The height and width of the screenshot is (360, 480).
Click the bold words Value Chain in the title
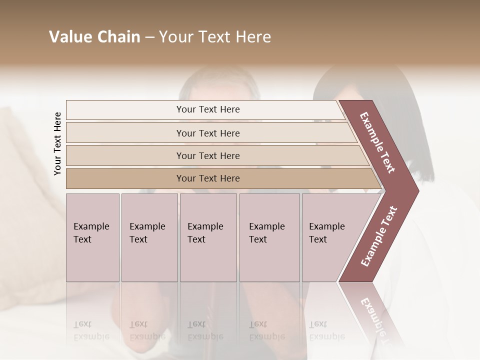(94, 37)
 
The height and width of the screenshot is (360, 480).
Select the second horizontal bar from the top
(208, 133)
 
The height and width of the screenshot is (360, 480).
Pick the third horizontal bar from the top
(208, 156)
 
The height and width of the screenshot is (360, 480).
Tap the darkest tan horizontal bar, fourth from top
(208, 178)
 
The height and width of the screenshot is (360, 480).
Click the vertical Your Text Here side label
(57, 143)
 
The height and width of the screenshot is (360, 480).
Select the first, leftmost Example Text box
(92, 237)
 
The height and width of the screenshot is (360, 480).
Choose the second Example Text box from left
(149, 237)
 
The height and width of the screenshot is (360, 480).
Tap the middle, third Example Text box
(208, 237)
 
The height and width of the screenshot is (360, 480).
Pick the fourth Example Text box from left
(269, 237)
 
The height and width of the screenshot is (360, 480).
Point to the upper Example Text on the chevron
(377, 142)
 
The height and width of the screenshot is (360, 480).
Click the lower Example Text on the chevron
(379, 236)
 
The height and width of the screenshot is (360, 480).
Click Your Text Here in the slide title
(215, 37)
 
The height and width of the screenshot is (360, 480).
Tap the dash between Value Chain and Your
(149, 37)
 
